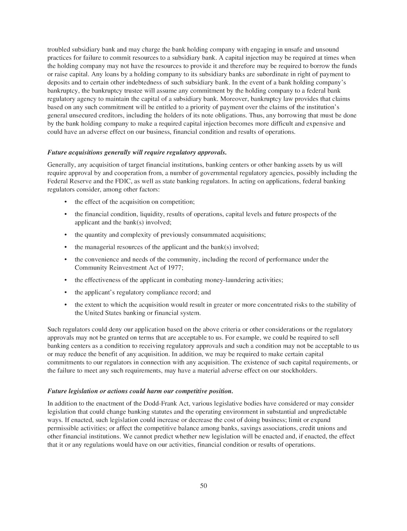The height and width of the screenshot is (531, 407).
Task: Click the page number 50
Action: [x=203, y=486]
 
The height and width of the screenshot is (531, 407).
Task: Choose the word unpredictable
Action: [x=327, y=411]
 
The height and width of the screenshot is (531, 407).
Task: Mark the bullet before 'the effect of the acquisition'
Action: [x=66, y=202]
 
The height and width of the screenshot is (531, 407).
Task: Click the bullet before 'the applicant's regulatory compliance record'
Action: [x=66, y=292]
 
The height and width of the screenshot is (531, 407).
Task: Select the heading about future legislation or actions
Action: [x=140, y=391]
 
